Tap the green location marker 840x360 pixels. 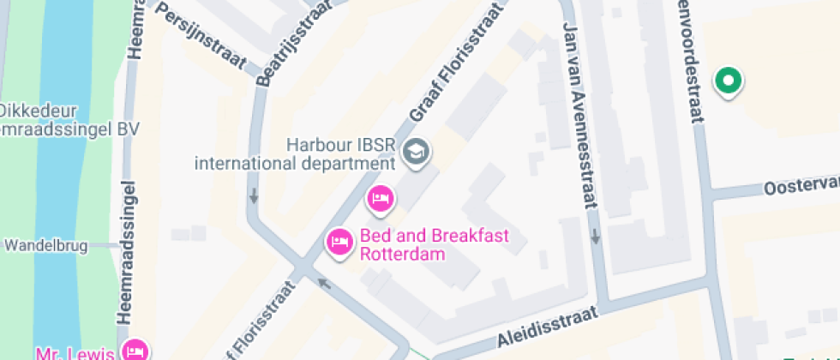729,82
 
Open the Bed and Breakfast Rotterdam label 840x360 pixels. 434,243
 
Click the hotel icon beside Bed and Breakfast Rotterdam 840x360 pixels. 340,243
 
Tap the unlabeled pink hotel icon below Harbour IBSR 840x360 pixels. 380,200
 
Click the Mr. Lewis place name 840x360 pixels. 75,351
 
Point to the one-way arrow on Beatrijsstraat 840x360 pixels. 255,195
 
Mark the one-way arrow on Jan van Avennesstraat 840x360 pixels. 594,236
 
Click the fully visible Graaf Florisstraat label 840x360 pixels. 454,73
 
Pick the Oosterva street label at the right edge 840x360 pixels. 801,187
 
